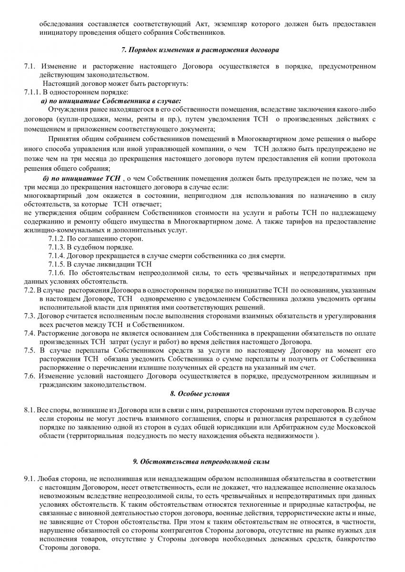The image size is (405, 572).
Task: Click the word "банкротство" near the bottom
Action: tap(352, 539)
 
